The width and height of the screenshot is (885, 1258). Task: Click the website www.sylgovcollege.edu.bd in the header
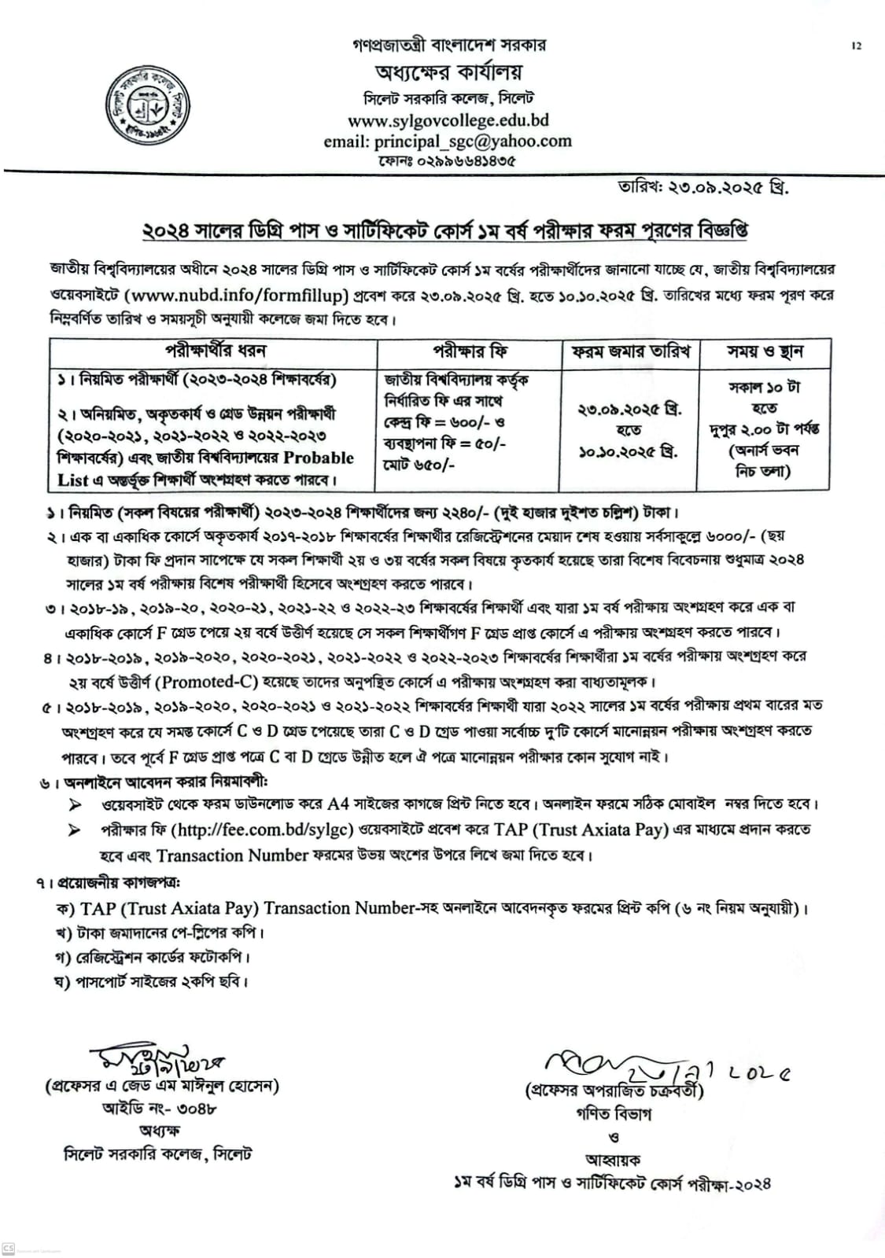tap(448, 121)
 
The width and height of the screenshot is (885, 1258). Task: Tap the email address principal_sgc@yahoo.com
tap(448, 142)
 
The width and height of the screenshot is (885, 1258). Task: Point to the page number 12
tap(856, 46)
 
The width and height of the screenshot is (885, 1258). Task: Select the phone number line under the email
tap(448, 161)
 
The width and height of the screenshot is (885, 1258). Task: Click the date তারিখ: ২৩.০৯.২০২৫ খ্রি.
tap(703, 189)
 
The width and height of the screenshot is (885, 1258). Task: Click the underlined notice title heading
tap(444, 230)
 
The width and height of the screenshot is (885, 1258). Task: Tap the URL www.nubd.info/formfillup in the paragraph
tap(236, 296)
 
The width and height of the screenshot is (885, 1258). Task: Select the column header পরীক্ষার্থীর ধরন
tap(215, 351)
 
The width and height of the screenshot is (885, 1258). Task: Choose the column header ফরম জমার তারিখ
tap(630, 351)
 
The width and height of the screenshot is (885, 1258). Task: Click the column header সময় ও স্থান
tap(765, 351)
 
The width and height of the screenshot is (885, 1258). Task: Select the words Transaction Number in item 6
tap(222, 855)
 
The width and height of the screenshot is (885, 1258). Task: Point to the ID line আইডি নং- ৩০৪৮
tap(160, 1109)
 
